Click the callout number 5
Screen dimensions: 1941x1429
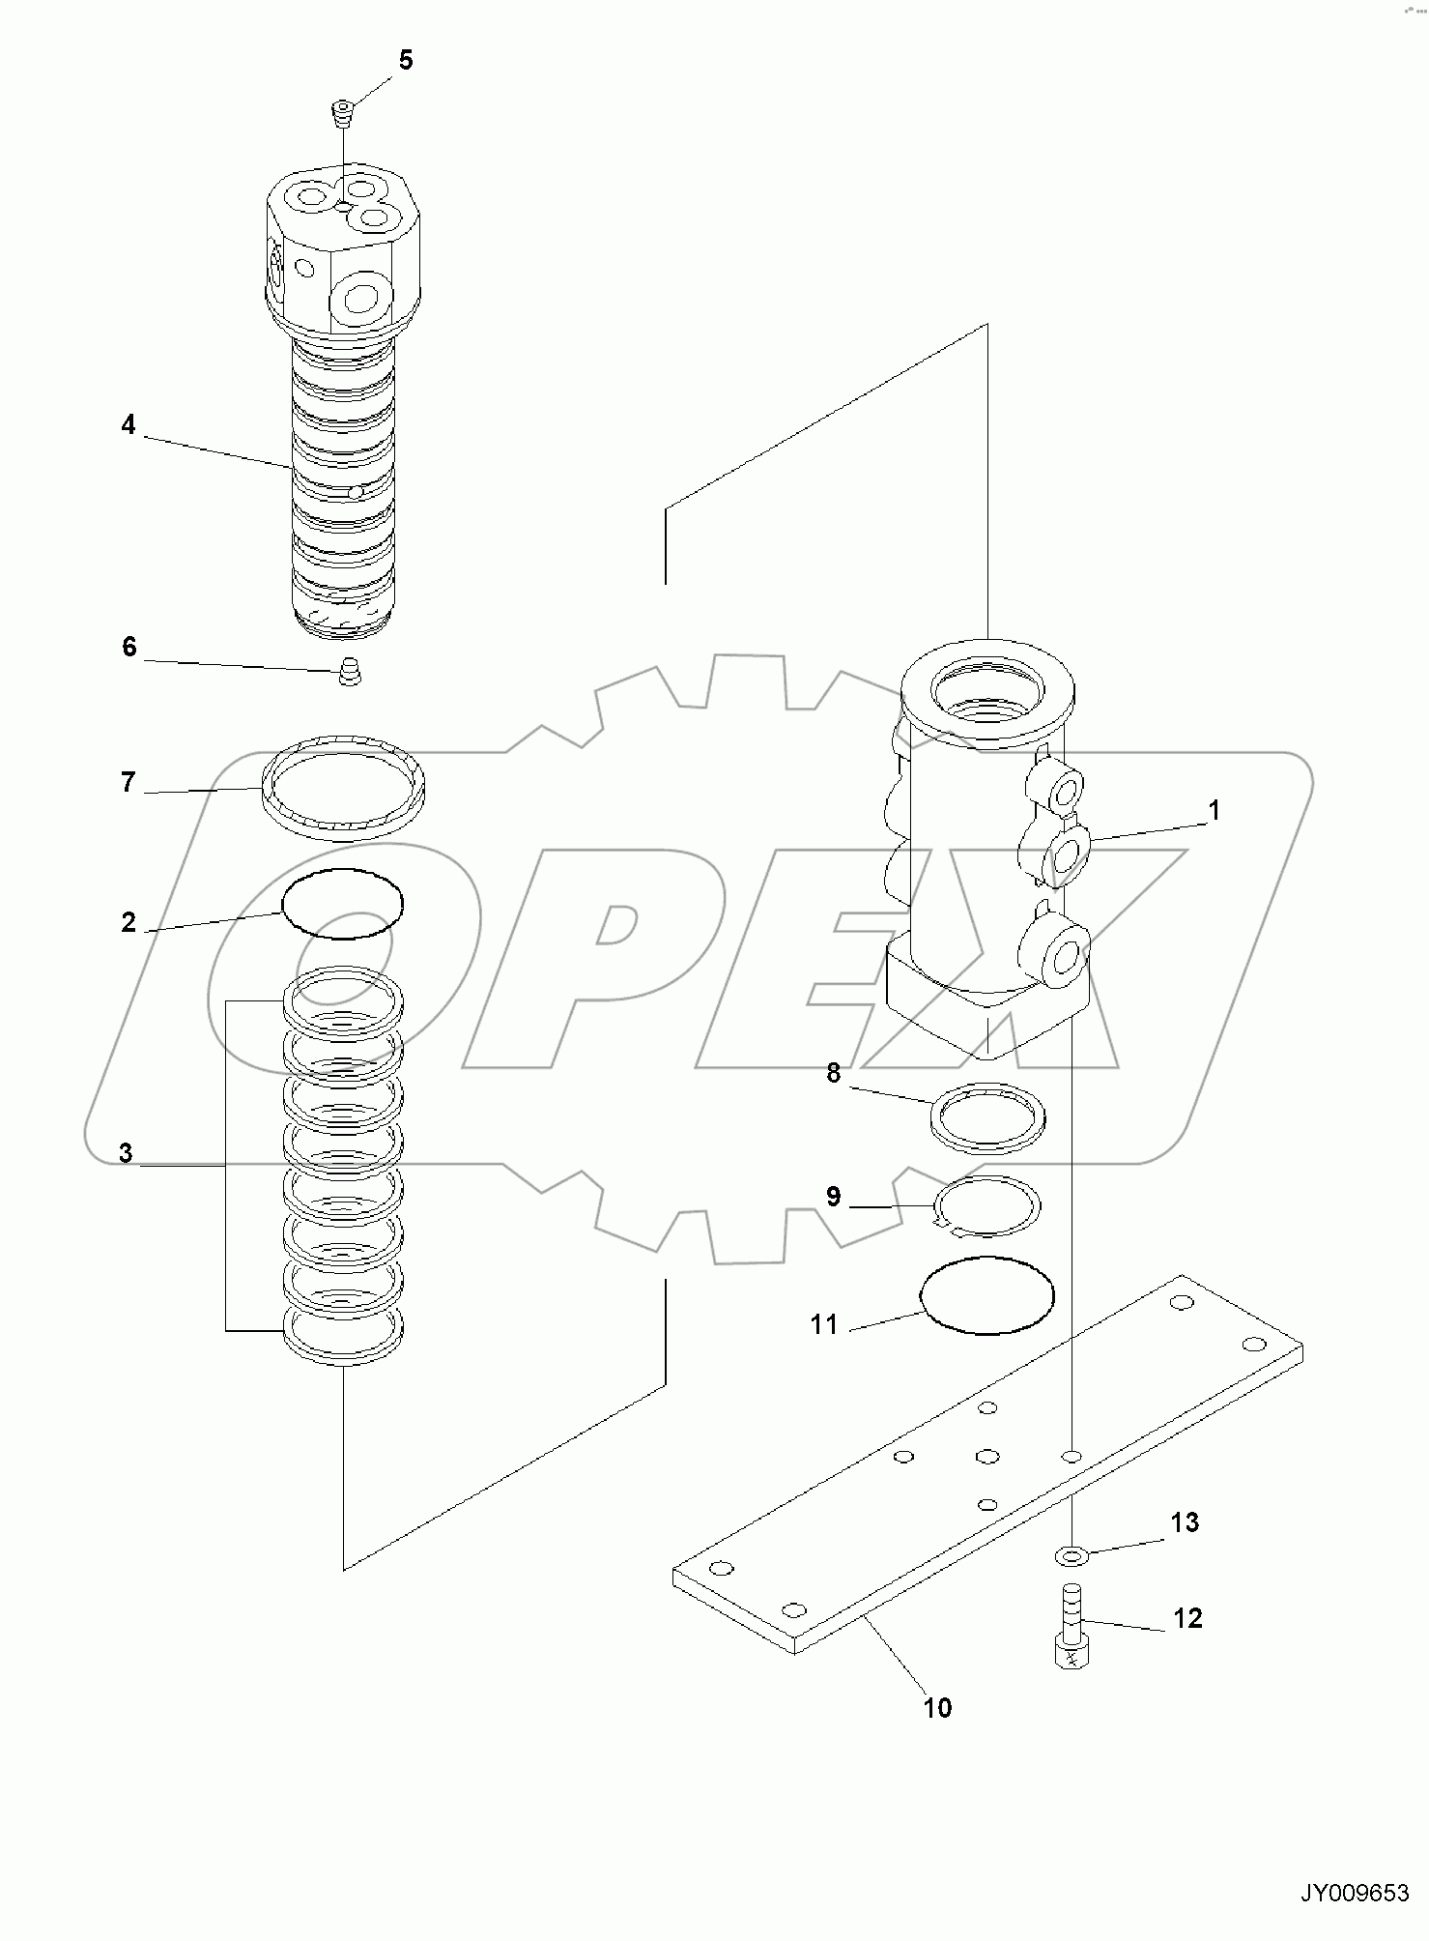point(405,60)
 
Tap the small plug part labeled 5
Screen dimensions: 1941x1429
point(342,113)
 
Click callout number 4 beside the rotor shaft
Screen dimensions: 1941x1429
point(129,424)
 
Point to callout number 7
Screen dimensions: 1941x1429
point(129,781)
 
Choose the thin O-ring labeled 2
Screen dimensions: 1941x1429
point(342,904)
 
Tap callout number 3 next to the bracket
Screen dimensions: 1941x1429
point(126,1153)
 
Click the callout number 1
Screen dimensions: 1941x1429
point(1214,810)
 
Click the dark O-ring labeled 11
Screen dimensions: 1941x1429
point(987,1295)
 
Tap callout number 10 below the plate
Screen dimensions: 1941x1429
point(937,1708)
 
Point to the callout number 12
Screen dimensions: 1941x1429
point(1187,1618)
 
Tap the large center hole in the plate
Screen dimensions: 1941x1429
point(986,1455)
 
